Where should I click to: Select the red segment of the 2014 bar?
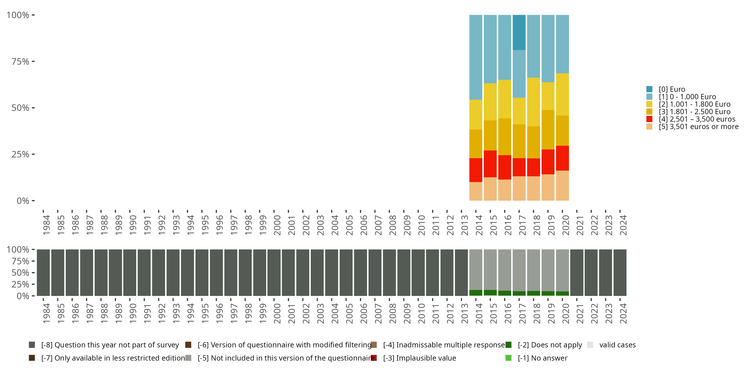click(x=476, y=170)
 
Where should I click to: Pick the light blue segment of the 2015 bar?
click(x=490, y=49)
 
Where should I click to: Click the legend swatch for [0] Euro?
click(x=649, y=89)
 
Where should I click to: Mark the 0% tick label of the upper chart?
click(x=23, y=201)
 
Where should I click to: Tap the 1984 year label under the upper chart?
click(x=46, y=225)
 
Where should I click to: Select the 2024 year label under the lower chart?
click(x=623, y=313)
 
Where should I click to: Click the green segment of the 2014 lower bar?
click(x=476, y=293)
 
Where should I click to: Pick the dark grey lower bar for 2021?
click(x=576, y=273)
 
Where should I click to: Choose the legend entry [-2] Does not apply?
click(x=550, y=345)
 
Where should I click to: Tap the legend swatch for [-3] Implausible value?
click(x=374, y=358)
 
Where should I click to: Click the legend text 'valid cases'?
click(x=617, y=345)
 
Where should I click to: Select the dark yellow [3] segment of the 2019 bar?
click(x=548, y=130)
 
